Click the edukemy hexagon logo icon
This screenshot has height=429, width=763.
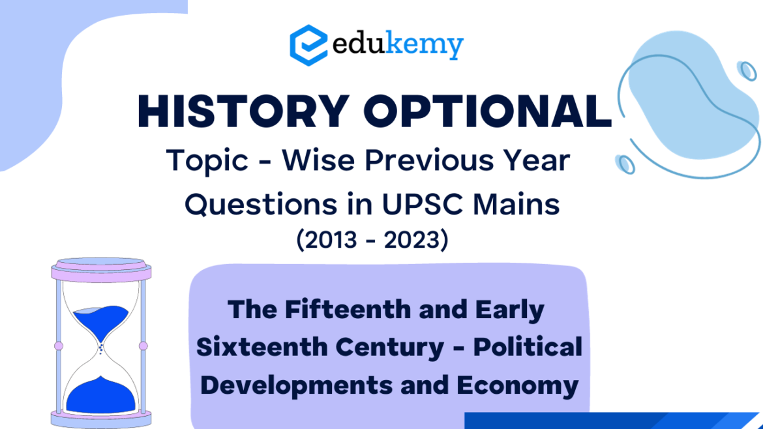[x=308, y=45]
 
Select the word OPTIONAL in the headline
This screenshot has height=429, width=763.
[x=488, y=111]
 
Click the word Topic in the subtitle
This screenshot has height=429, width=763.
[x=207, y=160]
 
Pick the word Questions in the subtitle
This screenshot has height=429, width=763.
[x=261, y=204]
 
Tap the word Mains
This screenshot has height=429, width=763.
[x=516, y=204]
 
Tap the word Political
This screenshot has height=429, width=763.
[x=528, y=347]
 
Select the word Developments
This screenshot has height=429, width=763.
[x=297, y=386]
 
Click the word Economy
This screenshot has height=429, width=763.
[x=517, y=386]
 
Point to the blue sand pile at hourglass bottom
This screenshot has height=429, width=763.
[x=100, y=396]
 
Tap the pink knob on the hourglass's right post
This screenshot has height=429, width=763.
[x=143, y=346]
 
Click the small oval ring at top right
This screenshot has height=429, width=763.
[x=747, y=71]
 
